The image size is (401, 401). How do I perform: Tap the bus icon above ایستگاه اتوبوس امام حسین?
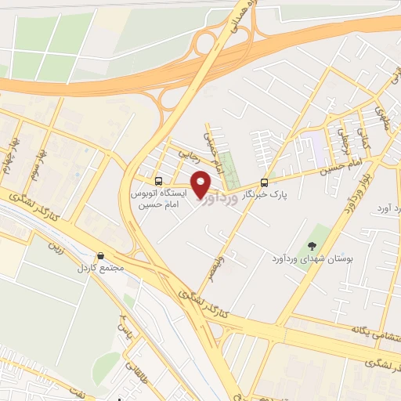coord(159,179)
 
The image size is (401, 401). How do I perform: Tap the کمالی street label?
coord(363,142)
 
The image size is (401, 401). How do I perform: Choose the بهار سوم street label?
coord(34,165)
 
